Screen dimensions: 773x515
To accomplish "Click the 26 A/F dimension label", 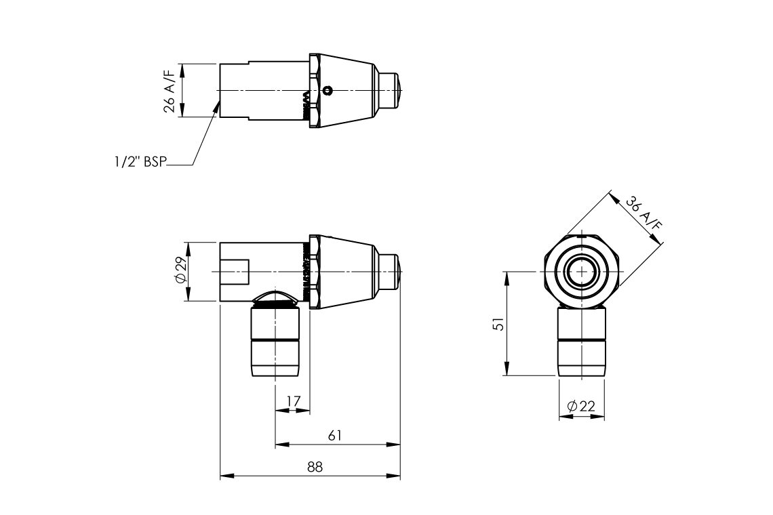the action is pos(169,91).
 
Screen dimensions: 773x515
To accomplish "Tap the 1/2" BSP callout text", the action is pos(141,161).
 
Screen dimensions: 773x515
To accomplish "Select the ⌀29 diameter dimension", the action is pos(181,270).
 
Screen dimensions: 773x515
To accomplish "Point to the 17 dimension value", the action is pos(293,402).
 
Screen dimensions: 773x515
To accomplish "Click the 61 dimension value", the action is pos(335,436).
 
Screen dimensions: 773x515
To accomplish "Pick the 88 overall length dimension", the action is pos(315,467).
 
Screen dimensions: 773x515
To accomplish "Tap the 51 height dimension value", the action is pos(499,323).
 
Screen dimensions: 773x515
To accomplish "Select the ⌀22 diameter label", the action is pos(581,407).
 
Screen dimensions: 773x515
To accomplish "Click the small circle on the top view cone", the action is pos(328,91).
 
